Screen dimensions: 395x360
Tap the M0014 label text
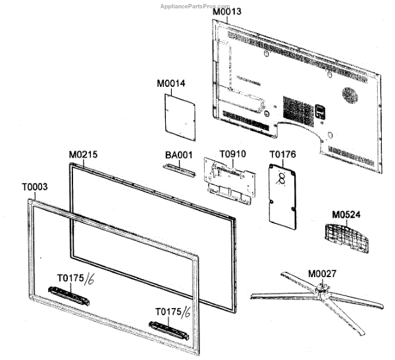click(171, 84)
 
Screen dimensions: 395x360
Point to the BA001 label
click(178, 155)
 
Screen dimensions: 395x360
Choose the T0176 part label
click(282, 155)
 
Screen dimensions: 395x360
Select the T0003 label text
click(34, 187)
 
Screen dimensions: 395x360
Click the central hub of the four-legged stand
click(322, 287)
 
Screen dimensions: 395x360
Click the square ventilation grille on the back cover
click(296, 104)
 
